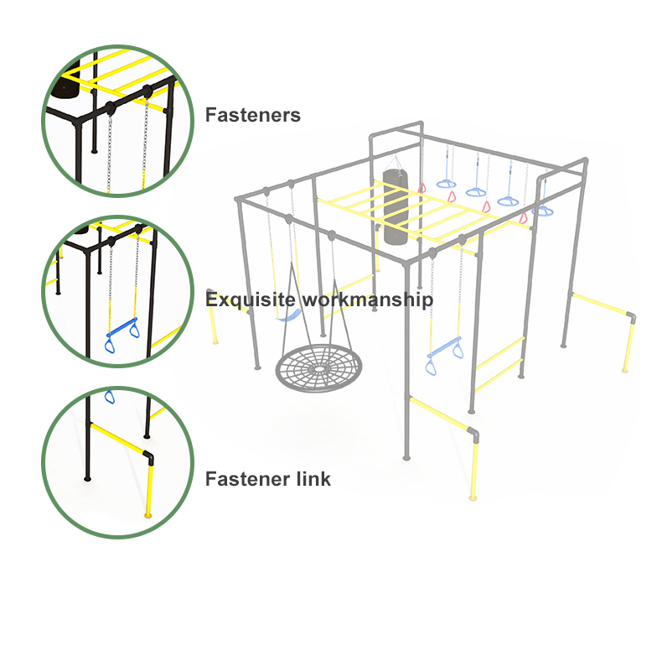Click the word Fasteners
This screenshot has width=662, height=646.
point(253,115)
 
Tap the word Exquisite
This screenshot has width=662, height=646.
point(251,300)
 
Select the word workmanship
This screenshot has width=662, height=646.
point(368,300)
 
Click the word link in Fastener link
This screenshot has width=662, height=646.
point(313,479)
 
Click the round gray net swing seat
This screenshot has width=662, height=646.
point(318,368)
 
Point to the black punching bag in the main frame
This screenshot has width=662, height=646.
point(396,207)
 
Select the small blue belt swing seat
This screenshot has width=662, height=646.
point(289,315)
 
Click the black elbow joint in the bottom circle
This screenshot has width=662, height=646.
point(148,457)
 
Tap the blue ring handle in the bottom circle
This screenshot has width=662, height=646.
point(109,397)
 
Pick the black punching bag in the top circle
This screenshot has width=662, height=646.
point(65,84)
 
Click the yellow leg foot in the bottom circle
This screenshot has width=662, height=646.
point(147,514)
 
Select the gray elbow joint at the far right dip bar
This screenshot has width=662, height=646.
point(630,317)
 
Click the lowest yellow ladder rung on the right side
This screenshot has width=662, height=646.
point(499,375)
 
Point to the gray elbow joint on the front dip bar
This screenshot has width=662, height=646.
point(473,435)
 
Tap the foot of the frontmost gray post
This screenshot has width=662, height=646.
point(406,457)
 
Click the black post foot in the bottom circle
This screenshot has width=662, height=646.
point(87,478)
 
